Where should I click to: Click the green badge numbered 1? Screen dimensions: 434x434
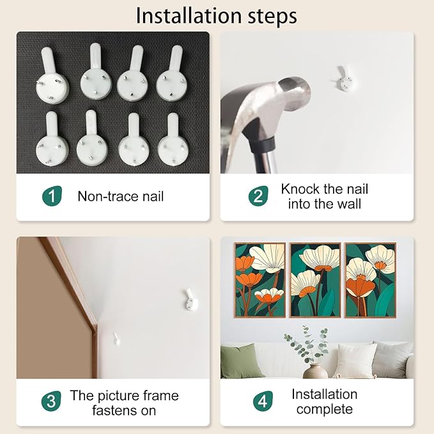point(52,196)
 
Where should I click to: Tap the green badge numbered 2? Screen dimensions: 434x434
point(258,196)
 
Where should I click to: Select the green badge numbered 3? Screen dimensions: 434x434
point(51,401)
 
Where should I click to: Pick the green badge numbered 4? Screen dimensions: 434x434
point(263,401)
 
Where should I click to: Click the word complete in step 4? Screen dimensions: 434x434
point(325,410)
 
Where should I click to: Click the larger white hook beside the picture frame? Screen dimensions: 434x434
point(191,300)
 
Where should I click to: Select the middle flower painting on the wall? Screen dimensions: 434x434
point(315,280)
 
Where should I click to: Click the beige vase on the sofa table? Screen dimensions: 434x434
point(315,371)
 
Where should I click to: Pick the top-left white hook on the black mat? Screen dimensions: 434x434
point(52,75)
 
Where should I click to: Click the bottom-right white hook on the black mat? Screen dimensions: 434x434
point(173,140)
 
